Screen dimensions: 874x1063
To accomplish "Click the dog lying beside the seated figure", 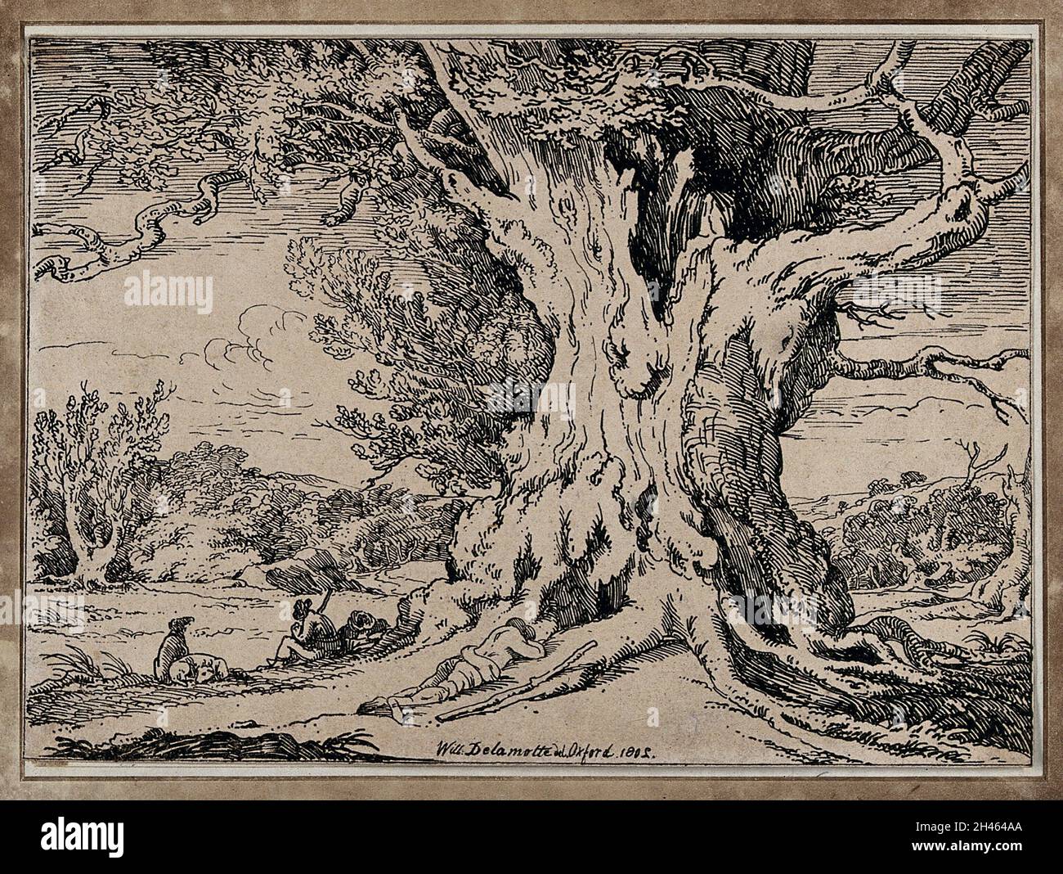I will tap(192, 667).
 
